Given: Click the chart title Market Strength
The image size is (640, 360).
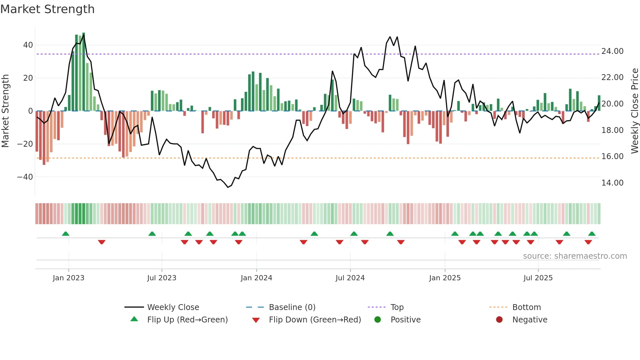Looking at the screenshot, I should (x=47, y=9).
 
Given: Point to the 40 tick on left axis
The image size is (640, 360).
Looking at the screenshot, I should (x=28, y=45).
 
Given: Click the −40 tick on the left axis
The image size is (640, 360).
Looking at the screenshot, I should (x=25, y=177).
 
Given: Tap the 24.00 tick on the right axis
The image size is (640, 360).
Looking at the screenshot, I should (x=612, y=51).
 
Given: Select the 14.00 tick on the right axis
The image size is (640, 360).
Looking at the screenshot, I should (x=612, y=183).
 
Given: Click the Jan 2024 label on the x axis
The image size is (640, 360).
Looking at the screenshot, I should (x=256, y=278).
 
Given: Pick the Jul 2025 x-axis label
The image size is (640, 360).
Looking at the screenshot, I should (x=538, y=278).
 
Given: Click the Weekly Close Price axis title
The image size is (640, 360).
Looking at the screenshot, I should (x=634, y=111).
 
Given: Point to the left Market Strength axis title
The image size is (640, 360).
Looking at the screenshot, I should (x=6, y=111).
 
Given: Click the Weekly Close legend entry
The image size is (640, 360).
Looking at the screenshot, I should (x=173, y=307).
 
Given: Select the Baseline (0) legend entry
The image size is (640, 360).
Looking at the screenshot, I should (x=292, y=307).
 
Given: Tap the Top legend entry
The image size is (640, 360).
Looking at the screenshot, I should (x=397, y=307).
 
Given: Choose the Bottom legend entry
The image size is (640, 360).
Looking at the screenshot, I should (x=526, y=307).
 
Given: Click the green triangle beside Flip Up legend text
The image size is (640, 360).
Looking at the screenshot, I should (x=134, y=319).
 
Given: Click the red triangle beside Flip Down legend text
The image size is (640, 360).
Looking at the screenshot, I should (x=256, y=320).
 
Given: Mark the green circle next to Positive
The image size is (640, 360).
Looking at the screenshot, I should (x=377, y=319).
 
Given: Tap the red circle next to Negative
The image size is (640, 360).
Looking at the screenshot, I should (x=499, y=319).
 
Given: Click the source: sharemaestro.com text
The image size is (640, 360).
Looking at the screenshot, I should (x=575, y=256).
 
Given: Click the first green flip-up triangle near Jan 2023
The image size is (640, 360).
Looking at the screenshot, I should (x=66, y=234).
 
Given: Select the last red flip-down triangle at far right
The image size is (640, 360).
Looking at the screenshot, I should (x=588, y=242).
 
